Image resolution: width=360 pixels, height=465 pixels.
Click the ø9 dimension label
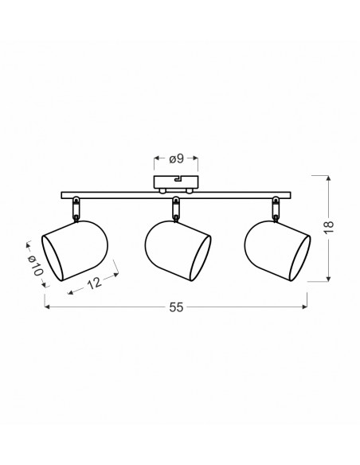point(177,159)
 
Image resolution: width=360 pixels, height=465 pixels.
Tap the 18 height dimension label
point(329,228)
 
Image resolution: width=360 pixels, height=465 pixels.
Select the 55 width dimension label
point(176,307)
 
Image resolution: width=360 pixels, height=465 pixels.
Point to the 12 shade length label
point(95,283)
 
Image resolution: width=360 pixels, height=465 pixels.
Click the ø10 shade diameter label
point(36,265)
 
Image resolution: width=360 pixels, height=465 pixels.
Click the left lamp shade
point(75,251)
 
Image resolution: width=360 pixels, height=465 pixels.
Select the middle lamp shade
point(178,251)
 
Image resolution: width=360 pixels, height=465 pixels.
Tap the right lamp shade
point(277,251)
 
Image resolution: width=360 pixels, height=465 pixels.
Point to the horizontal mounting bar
point(176,195)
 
